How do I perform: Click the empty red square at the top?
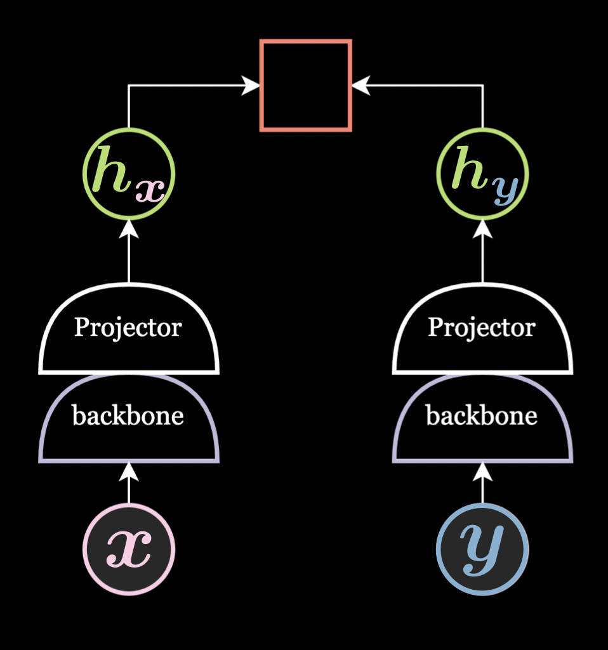click(306, 86)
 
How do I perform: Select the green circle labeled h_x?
click(129, 174)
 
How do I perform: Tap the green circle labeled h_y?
click(482, 174)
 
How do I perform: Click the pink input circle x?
click(129, 549)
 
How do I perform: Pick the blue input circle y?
click(482, 549)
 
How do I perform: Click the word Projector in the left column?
click(128, 328)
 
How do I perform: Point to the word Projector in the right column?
click(482, 328)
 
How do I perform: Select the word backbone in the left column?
click(128, 416)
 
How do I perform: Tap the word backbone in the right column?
click(482, 416)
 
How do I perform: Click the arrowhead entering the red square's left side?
click(251, 86)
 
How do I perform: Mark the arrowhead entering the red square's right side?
click(360, 86)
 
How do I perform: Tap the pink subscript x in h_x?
click(151, 189)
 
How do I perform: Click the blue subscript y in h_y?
click(506, 189)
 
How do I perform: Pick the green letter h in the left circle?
click(112, 169)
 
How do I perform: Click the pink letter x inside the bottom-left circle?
click(129, 549)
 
